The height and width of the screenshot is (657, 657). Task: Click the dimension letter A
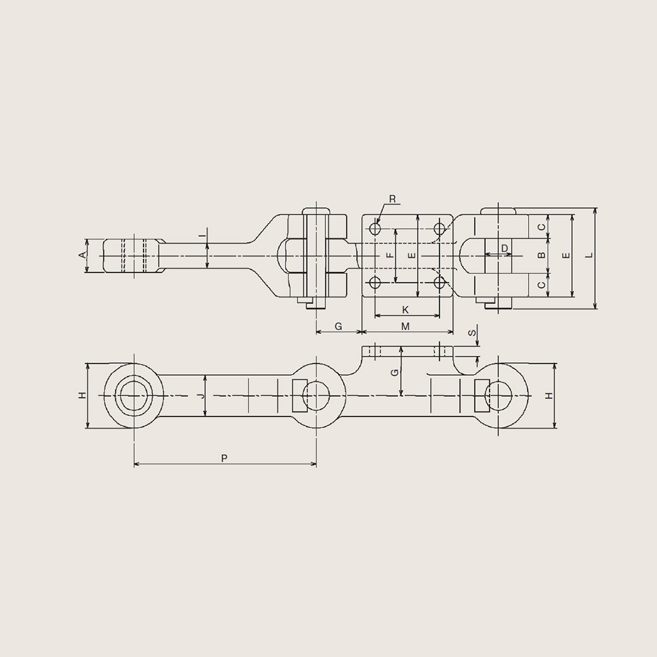coord(81,255)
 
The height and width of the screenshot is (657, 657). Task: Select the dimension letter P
coord(224,458)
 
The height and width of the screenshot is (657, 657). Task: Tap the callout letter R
coord(392,200)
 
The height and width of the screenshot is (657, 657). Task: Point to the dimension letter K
coord(406,310)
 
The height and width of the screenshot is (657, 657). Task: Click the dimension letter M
coord(406,326)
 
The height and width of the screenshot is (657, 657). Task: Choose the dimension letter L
coord(588,255)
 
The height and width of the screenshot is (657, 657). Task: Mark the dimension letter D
coord(504,248)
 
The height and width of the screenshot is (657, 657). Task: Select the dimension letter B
coord(541,255)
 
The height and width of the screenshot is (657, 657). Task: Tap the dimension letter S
coord(471,333)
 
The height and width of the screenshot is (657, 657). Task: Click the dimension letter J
coord(200,395)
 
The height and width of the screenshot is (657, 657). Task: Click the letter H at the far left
coord(81,395)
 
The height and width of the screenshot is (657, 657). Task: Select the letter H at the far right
coord(549,395)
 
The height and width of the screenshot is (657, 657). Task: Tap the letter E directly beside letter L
coord(566,255)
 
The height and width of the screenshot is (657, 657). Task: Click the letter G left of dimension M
coord(338,326)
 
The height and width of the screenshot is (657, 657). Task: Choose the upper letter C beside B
coord(541,227)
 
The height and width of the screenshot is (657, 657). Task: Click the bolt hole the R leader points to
coord(375,227)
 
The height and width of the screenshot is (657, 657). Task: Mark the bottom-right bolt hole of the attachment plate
coord(440,282)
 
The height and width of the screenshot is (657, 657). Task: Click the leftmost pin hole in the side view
coord(134,396)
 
